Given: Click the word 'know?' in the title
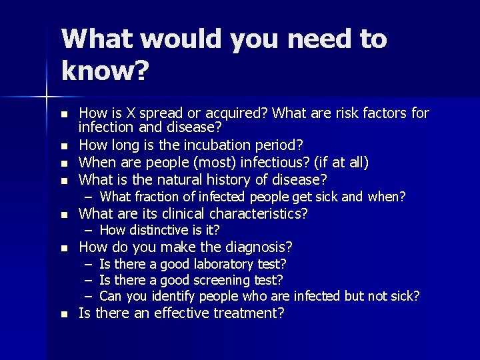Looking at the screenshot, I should [105, 71].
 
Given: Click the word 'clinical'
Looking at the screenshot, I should [181, 214].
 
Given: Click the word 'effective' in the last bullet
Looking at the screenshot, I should [179, 313].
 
